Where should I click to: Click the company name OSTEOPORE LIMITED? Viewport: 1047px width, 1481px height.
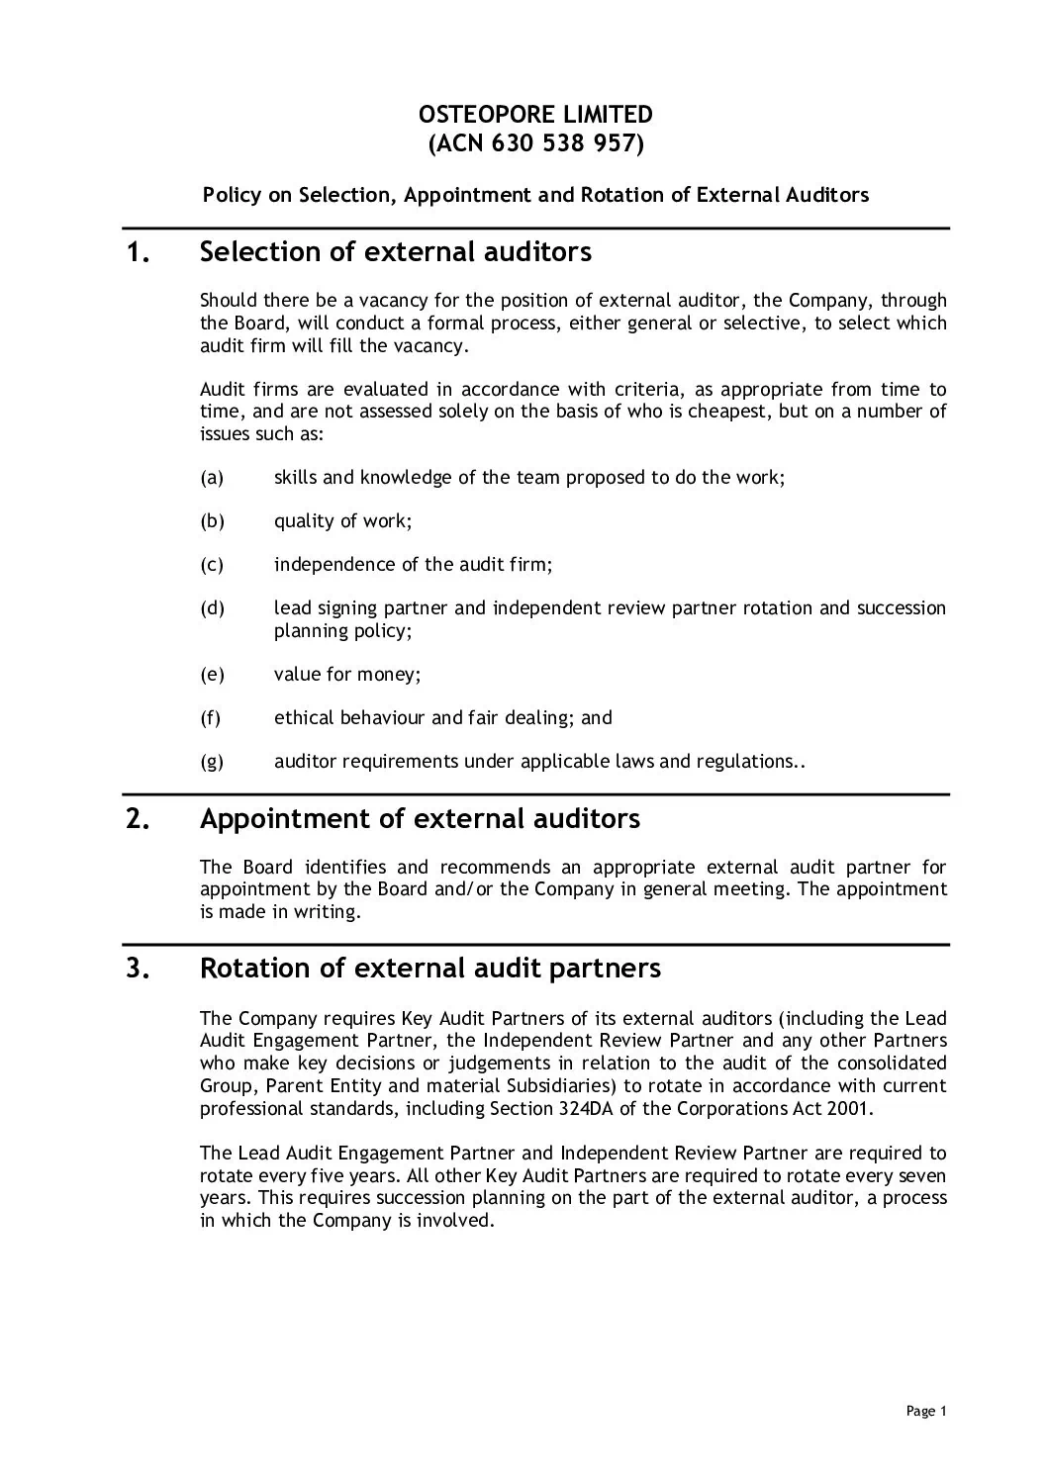[535, 115]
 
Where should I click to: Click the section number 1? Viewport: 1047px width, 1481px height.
[138, 253]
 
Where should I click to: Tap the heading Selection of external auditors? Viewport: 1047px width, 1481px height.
[395, 252]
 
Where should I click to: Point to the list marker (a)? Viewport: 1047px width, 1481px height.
[212, 478]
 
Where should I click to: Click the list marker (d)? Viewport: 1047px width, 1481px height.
[212, 607]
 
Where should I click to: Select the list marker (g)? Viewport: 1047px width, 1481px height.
[212, 761]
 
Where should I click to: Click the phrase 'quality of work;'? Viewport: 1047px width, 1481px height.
[342, 521]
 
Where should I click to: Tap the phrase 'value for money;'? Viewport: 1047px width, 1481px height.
[347, 675]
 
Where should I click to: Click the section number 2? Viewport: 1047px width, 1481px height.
[138, 820]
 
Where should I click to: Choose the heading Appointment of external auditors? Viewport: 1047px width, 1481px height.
[420, 819]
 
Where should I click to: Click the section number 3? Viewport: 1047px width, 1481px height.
[138, 969]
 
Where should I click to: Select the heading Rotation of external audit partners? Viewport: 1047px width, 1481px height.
[429, 968]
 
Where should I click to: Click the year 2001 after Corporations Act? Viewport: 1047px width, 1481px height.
[852, 1108]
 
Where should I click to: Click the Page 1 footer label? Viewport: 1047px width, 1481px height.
[926, 1412]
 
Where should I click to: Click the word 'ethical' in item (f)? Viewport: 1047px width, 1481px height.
[304, 718]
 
